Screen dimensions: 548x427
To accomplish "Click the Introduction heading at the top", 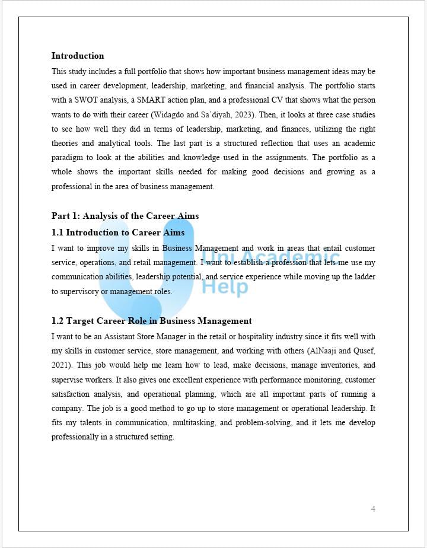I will pos(78,56).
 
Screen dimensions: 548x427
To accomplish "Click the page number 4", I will pos(373,509).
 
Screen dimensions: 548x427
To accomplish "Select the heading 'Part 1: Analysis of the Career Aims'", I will pos(125,216).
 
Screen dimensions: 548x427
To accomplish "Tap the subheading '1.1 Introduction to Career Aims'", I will pos(118,232).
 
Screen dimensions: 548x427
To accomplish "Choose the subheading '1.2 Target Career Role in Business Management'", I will pos(152,321).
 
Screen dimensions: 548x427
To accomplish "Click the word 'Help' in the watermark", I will pos(225,287).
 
